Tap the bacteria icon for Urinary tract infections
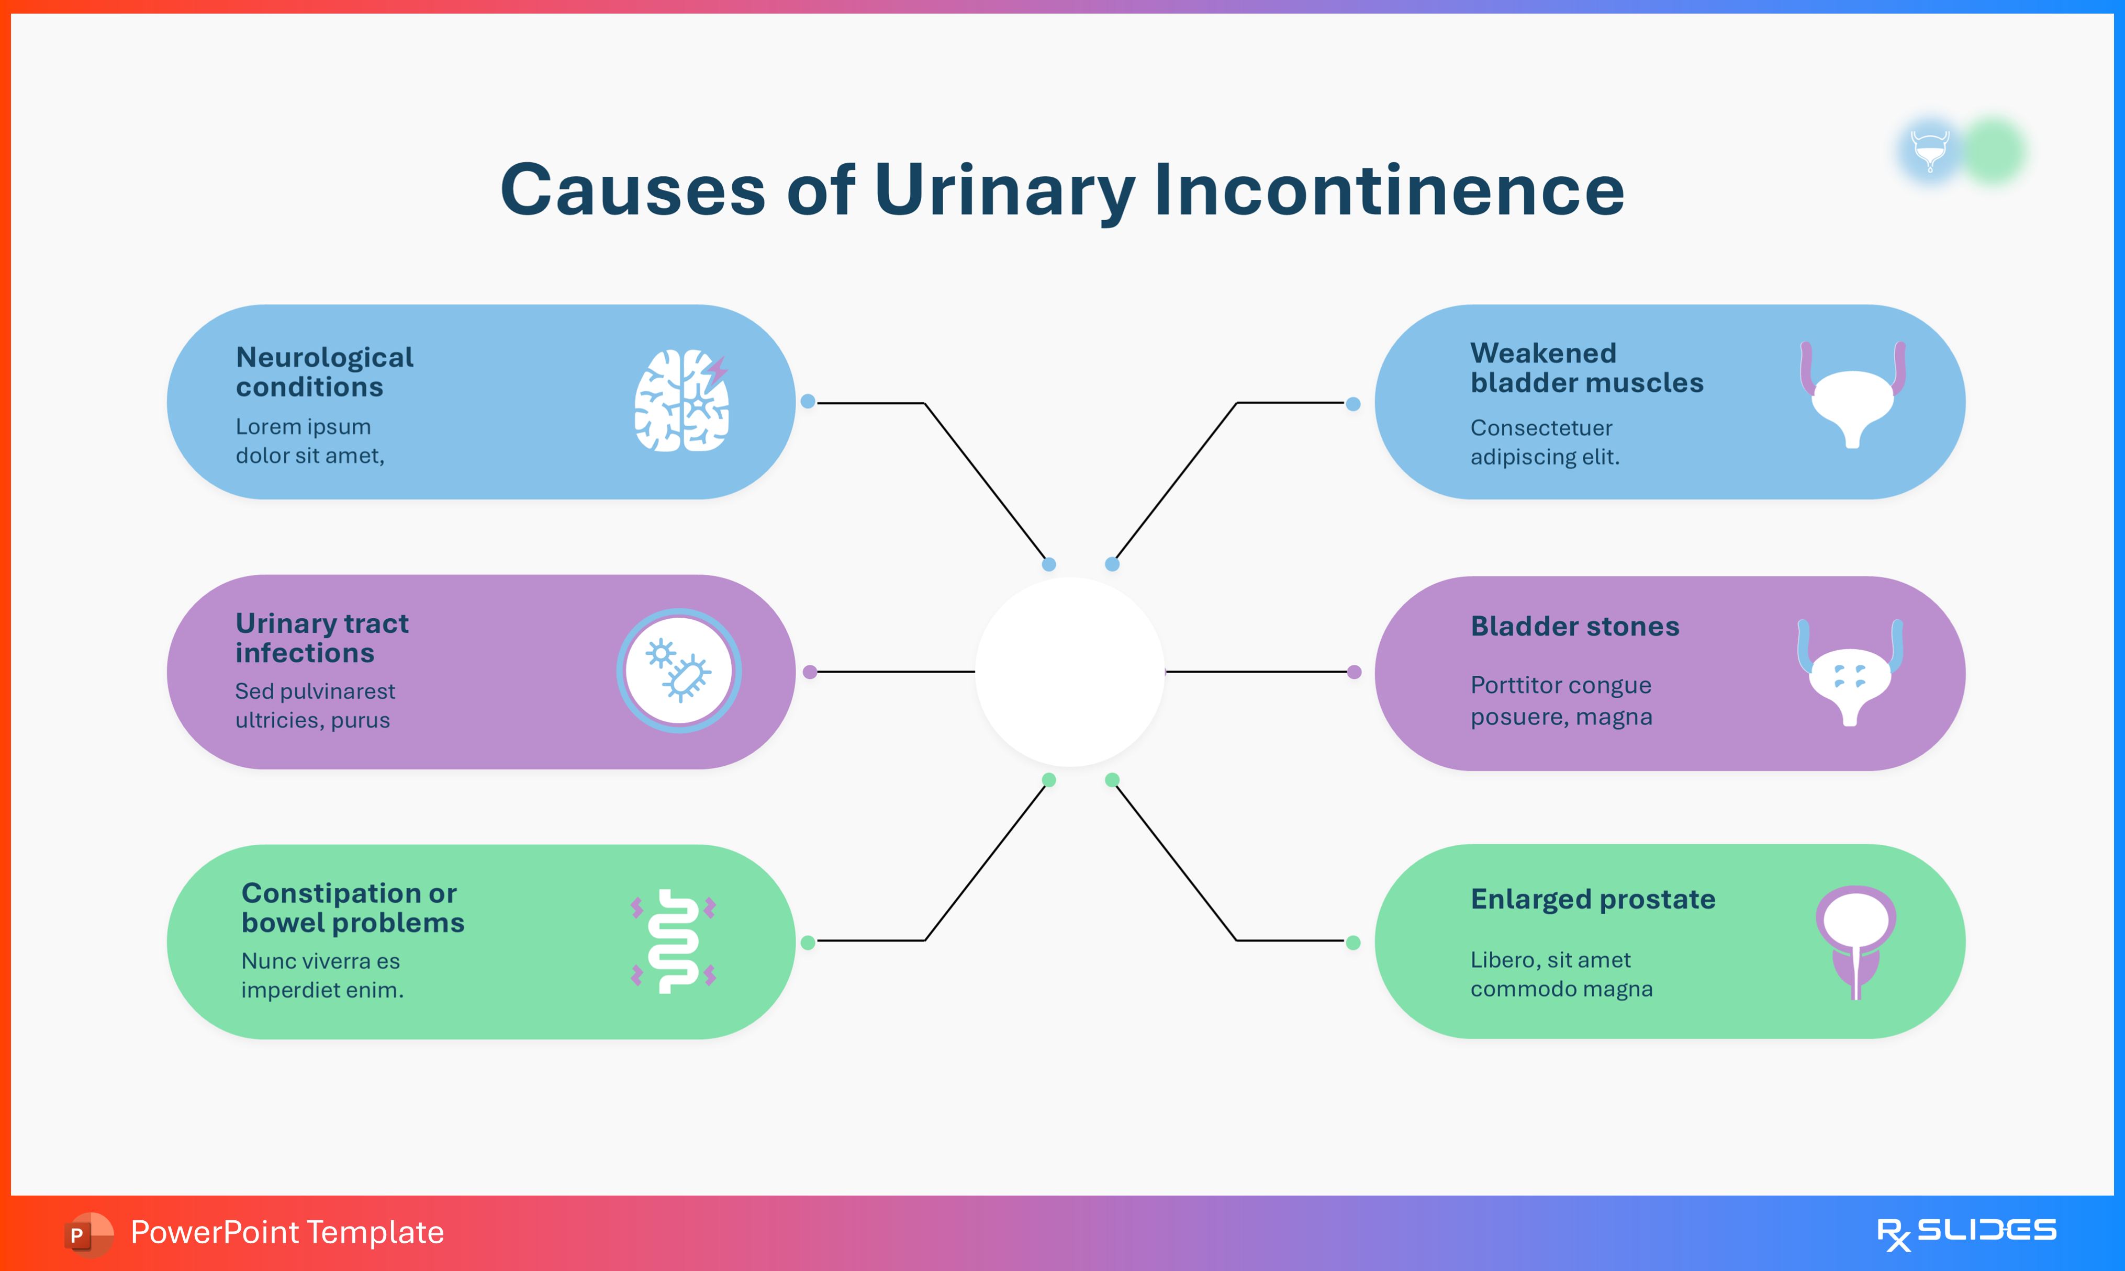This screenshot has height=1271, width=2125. [x=679, y=671]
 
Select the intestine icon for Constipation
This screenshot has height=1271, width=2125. [x=674, y=941]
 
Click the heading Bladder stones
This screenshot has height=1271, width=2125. [x=1574, y=626]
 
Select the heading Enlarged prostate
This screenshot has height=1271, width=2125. [x=1592, y=899]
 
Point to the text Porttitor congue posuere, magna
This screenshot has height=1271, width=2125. [x=1561, y=700]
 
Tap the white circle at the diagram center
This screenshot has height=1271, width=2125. [x=1069, y=672]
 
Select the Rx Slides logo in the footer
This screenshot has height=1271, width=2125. [x=1966, y=1232]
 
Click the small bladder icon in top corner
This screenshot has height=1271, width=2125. [x=1930, y=151]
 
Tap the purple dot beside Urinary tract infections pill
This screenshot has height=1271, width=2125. [x=810, y=672]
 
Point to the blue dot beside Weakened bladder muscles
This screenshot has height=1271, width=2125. [x=1353, y=403]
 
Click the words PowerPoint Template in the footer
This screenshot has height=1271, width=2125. [x=287, y=1232]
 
